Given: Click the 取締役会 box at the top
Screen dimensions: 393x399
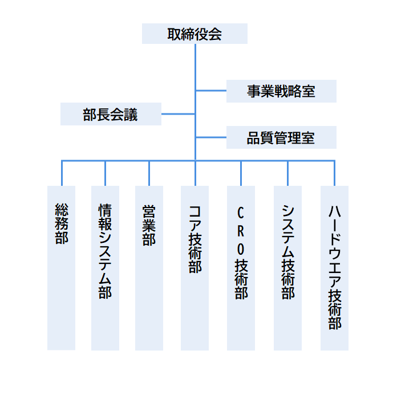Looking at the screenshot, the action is [x=195, y=34].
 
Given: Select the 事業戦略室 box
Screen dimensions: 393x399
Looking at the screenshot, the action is [x=281, y=91].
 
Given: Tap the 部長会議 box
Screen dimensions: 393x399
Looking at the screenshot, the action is [x=111, y=114].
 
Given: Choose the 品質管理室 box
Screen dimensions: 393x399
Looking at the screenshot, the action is [x=281, y=137].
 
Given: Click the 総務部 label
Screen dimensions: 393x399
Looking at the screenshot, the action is [x=62, y=223].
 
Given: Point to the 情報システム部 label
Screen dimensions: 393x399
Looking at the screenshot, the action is [x=105, y=251].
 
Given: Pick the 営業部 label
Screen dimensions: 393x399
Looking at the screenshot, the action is [x=149, y=226].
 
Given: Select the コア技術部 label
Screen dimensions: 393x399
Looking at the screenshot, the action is [x=195, y=239].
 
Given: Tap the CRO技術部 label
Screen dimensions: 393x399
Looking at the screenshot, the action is [x=241, y=253].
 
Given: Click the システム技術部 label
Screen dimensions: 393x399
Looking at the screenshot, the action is [x=288, y=252].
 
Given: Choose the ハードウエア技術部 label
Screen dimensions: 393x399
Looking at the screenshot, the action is [x=335, y=267].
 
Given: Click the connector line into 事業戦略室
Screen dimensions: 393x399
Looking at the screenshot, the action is [x=211, y=91].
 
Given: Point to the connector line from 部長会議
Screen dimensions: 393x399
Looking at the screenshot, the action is [x=178, y=114].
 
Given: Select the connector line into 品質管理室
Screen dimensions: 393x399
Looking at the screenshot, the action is [x=211, y=137].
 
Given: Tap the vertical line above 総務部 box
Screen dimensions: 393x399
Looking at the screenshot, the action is [x=62, y=173].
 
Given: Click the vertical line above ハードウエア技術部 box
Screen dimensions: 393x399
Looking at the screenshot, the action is [x=334, y=173].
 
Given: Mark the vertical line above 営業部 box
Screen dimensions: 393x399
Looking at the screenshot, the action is [x=149, y=173].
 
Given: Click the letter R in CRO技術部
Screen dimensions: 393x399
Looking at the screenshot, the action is [x=241, y=231].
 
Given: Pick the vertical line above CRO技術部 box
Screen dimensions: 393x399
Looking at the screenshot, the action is [x=241, y=173].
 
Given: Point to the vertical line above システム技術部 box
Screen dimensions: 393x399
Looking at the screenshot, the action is [x=288, y=173].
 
